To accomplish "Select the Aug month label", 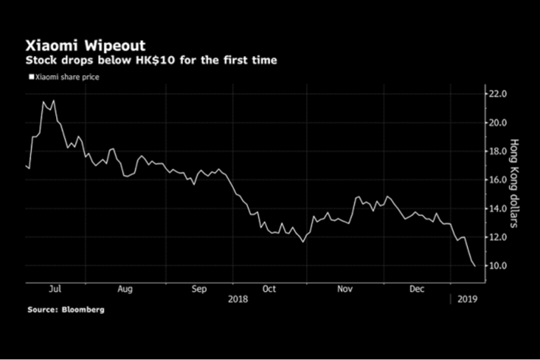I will pos(125,288).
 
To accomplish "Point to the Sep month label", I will pos(199,288).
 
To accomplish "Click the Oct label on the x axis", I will pos(269,288).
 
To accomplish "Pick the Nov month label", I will pos(344,288).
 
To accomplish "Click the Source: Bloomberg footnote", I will pos(66,309).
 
